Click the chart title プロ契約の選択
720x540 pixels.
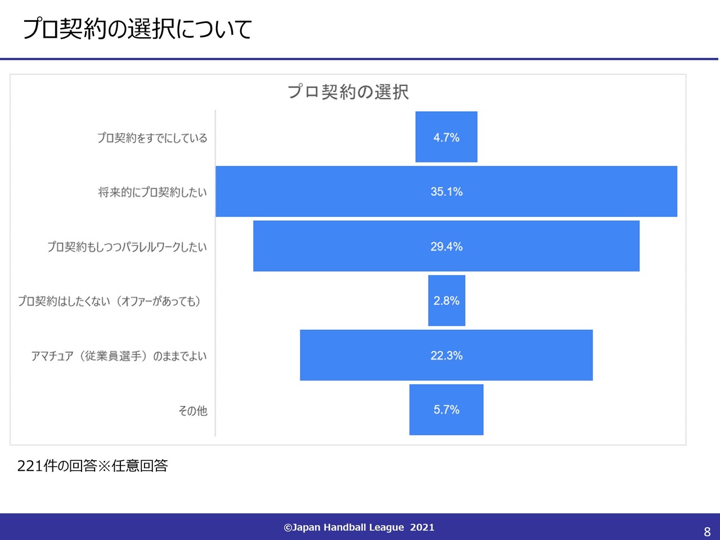tap(348, 92)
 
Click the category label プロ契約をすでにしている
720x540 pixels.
tap(152, 138)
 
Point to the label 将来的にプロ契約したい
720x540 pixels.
tap(152, 192)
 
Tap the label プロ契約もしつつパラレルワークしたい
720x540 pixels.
tap(127, 247)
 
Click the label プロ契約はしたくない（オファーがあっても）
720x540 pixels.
tap(109, 301)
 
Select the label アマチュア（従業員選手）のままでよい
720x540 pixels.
tap(119, 356)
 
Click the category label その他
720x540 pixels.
tap(192, 411)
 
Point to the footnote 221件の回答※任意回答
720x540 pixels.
tap(93, 466)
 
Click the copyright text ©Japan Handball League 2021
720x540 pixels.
tap(359, 527)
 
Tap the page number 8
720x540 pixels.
tap(707, 532)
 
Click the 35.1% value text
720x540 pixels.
tap(447, 192)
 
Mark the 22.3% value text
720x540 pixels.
tap(447, 355)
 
